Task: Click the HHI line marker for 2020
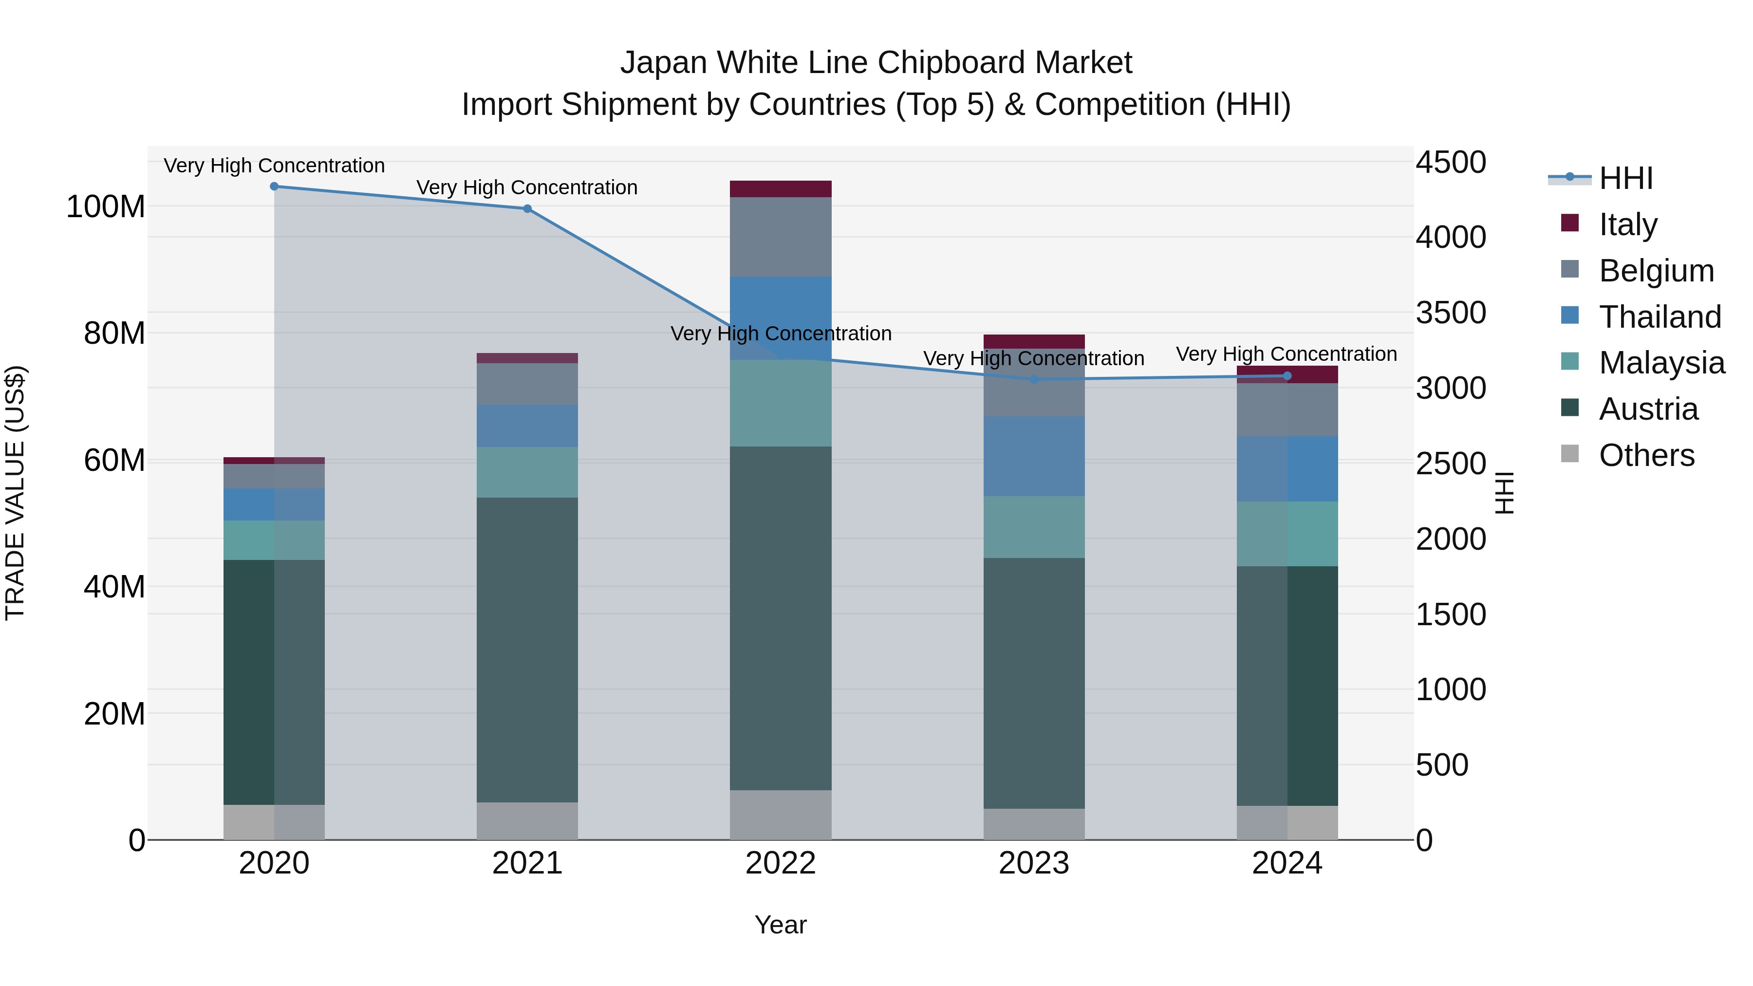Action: [x=274, y=186]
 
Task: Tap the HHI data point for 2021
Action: [x=527, y=209]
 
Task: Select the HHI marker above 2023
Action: [x=1034, y=380]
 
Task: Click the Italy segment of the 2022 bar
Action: [x=781, y=189]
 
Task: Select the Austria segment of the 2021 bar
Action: [x=527, y=650]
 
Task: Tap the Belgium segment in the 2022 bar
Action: [x=781, y=237]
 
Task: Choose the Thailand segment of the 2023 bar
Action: [x=1034, y=457]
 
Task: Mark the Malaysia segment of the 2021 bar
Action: [x=527, y=472]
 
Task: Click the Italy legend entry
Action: [x=1628, y=224]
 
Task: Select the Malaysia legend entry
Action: [x=1661, y=363]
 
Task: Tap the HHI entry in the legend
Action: [x=1626, y=178]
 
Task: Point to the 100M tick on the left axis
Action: [x=106, y=206]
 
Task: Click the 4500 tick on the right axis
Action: [x=1451, y=163]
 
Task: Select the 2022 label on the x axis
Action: [x=781, y=863]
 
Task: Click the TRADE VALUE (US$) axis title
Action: [x=15, y=493]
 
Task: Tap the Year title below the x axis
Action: [x=781, y=925]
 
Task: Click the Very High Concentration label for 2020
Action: [x=274, y=166]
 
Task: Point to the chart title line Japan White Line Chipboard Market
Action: [x=876, y=63]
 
